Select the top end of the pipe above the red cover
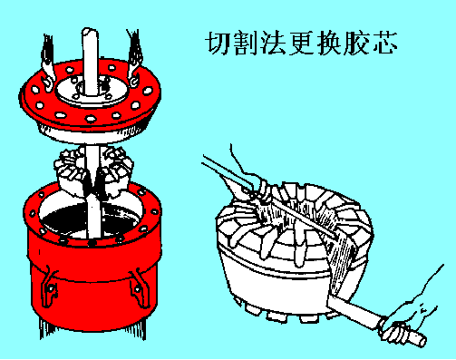click(x=91, y=32)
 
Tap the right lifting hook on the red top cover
click(x=133, y=59)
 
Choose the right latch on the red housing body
click(x=140, y=287)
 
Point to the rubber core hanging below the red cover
click(x=93, y=170)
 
